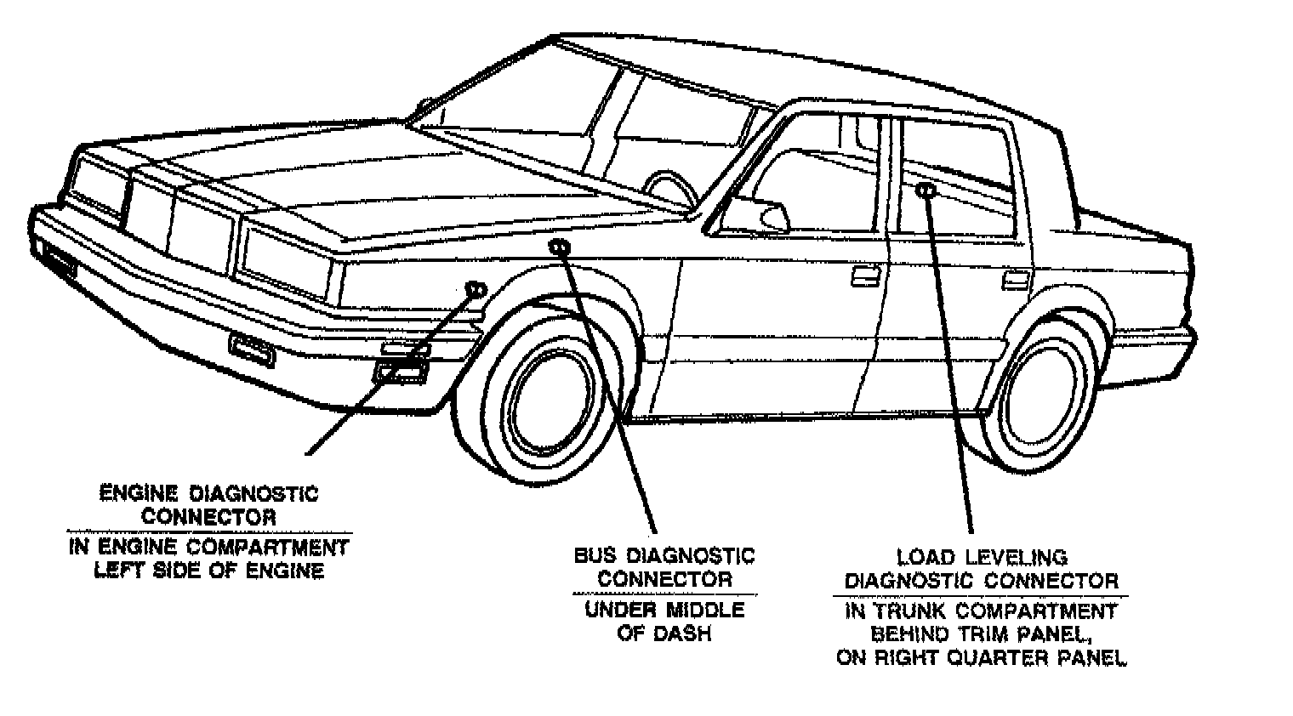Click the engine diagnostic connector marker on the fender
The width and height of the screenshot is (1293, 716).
pos(475,290)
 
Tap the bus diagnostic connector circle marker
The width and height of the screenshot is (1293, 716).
pos(559,247)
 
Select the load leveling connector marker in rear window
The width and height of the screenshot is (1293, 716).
pos(926,190)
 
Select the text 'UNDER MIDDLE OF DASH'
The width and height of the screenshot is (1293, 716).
pos(664,622)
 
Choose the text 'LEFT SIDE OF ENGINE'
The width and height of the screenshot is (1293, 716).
pos(208,571)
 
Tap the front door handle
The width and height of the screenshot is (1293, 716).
pos(865,275)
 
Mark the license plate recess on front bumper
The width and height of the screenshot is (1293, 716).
pos(252,349)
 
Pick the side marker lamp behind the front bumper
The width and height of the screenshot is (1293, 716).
pos(401,371)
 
